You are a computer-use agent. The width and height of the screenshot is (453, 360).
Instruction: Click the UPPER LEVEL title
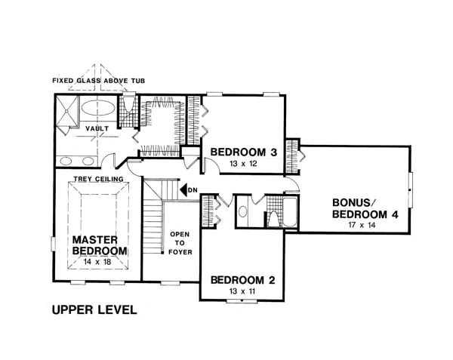[x=94, y=309]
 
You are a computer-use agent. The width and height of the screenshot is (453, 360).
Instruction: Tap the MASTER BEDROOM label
[x=100, y=245]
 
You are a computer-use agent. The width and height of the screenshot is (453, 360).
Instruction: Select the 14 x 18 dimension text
[x=97, y=262]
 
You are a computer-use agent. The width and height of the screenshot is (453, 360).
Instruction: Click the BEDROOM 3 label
[x=244, y=152]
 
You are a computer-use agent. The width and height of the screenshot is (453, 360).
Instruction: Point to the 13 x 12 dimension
[x=243, y=164]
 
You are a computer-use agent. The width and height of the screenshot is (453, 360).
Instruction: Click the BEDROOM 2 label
[x=242, y=280]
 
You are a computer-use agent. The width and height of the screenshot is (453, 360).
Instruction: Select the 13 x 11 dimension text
[x=242, y=291]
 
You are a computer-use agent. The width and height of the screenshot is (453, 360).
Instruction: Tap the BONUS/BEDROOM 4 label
[x=365, y=208]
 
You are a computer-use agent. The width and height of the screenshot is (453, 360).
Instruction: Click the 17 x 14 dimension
[x=362, y=225]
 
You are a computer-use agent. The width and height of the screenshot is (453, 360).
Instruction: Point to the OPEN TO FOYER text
[x=180, y=243]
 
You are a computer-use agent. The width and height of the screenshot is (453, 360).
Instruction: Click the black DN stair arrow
[x=183, y=190]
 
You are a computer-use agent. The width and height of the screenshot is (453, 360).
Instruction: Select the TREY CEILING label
[x=98, y=179]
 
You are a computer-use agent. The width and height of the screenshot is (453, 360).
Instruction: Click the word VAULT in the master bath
[x=97, y=128]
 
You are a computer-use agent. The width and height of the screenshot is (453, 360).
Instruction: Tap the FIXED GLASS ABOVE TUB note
[x=98, y=81]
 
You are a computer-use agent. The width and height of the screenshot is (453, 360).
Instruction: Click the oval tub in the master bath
[x=98, y=108]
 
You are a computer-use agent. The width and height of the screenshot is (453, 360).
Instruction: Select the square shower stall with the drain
[x=67, y=111]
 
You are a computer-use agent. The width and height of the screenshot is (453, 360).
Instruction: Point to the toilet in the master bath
[x=128, y=103]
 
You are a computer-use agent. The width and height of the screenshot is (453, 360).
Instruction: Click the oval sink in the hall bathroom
[x=243, y=211]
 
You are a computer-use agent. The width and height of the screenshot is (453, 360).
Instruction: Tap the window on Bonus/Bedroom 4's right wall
[x=411, y=189]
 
